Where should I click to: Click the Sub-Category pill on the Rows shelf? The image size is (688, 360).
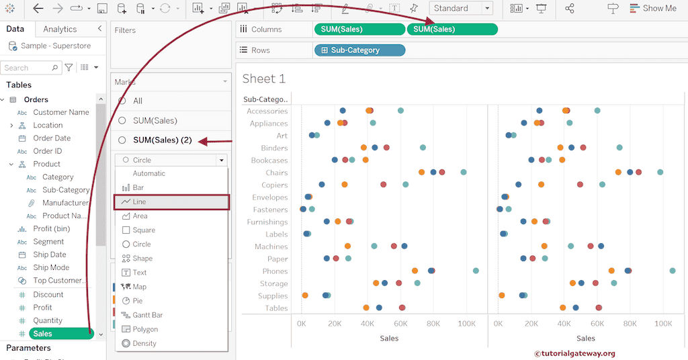[359, 50]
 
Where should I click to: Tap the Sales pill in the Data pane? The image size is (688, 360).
[60, 333]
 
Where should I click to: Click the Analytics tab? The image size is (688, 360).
[60, 29]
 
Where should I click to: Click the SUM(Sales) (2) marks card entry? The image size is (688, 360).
[162, 140]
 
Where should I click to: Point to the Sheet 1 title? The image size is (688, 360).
[264, 79]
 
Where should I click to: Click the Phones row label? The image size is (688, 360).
[274, 271]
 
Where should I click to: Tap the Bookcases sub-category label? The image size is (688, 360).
[269, 161]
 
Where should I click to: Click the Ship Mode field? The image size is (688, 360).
[51, 267]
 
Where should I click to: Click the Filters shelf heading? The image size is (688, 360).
[126, 30]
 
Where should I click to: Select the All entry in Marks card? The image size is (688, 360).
[138, 101]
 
